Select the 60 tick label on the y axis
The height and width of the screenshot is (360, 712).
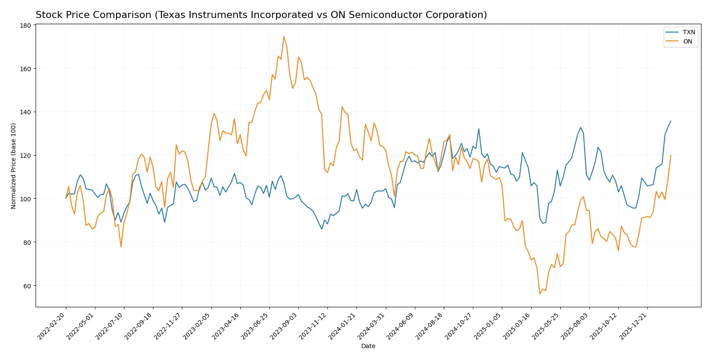pyautogui.click(x=27, y=286)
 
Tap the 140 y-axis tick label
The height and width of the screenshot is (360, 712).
pyautogui.click(x=25, y=113)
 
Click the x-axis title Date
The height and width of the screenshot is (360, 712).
pyautogui.click(x=368, y=346)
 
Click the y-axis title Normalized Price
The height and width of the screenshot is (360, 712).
pyautogui.click(x=14, y=166)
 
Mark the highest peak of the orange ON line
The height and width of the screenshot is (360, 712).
pyautogui.click(x=283, y=36)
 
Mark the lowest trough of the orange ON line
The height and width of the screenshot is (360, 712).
pyautogui.click(x=540, y=294)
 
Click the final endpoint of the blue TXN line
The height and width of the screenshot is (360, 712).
pyautogui.click(x=670, y=121)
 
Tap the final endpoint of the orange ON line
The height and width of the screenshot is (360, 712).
pyautogui.click(x=670, y=155)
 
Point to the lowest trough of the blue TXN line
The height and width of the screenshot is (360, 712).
pyautogui.click(x=322, y=229)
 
